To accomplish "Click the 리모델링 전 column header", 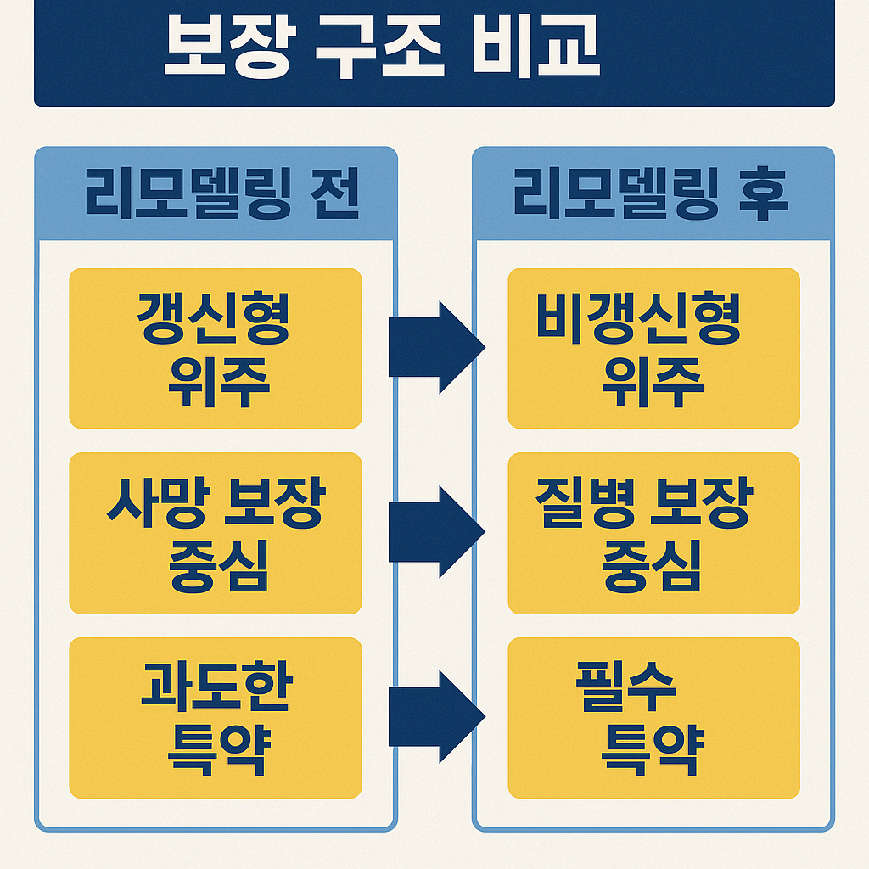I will pos(216,196).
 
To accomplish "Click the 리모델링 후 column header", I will pos(653,196).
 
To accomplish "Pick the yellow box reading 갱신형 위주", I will pos(216,348).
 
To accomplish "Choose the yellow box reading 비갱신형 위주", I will pos(653,348).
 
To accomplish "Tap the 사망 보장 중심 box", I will pos(216,533).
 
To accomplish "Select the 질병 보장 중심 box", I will pos(653,533).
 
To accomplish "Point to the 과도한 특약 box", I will pos(216,718).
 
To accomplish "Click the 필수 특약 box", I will pos(653,718).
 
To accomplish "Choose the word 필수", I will pos(625,687).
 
